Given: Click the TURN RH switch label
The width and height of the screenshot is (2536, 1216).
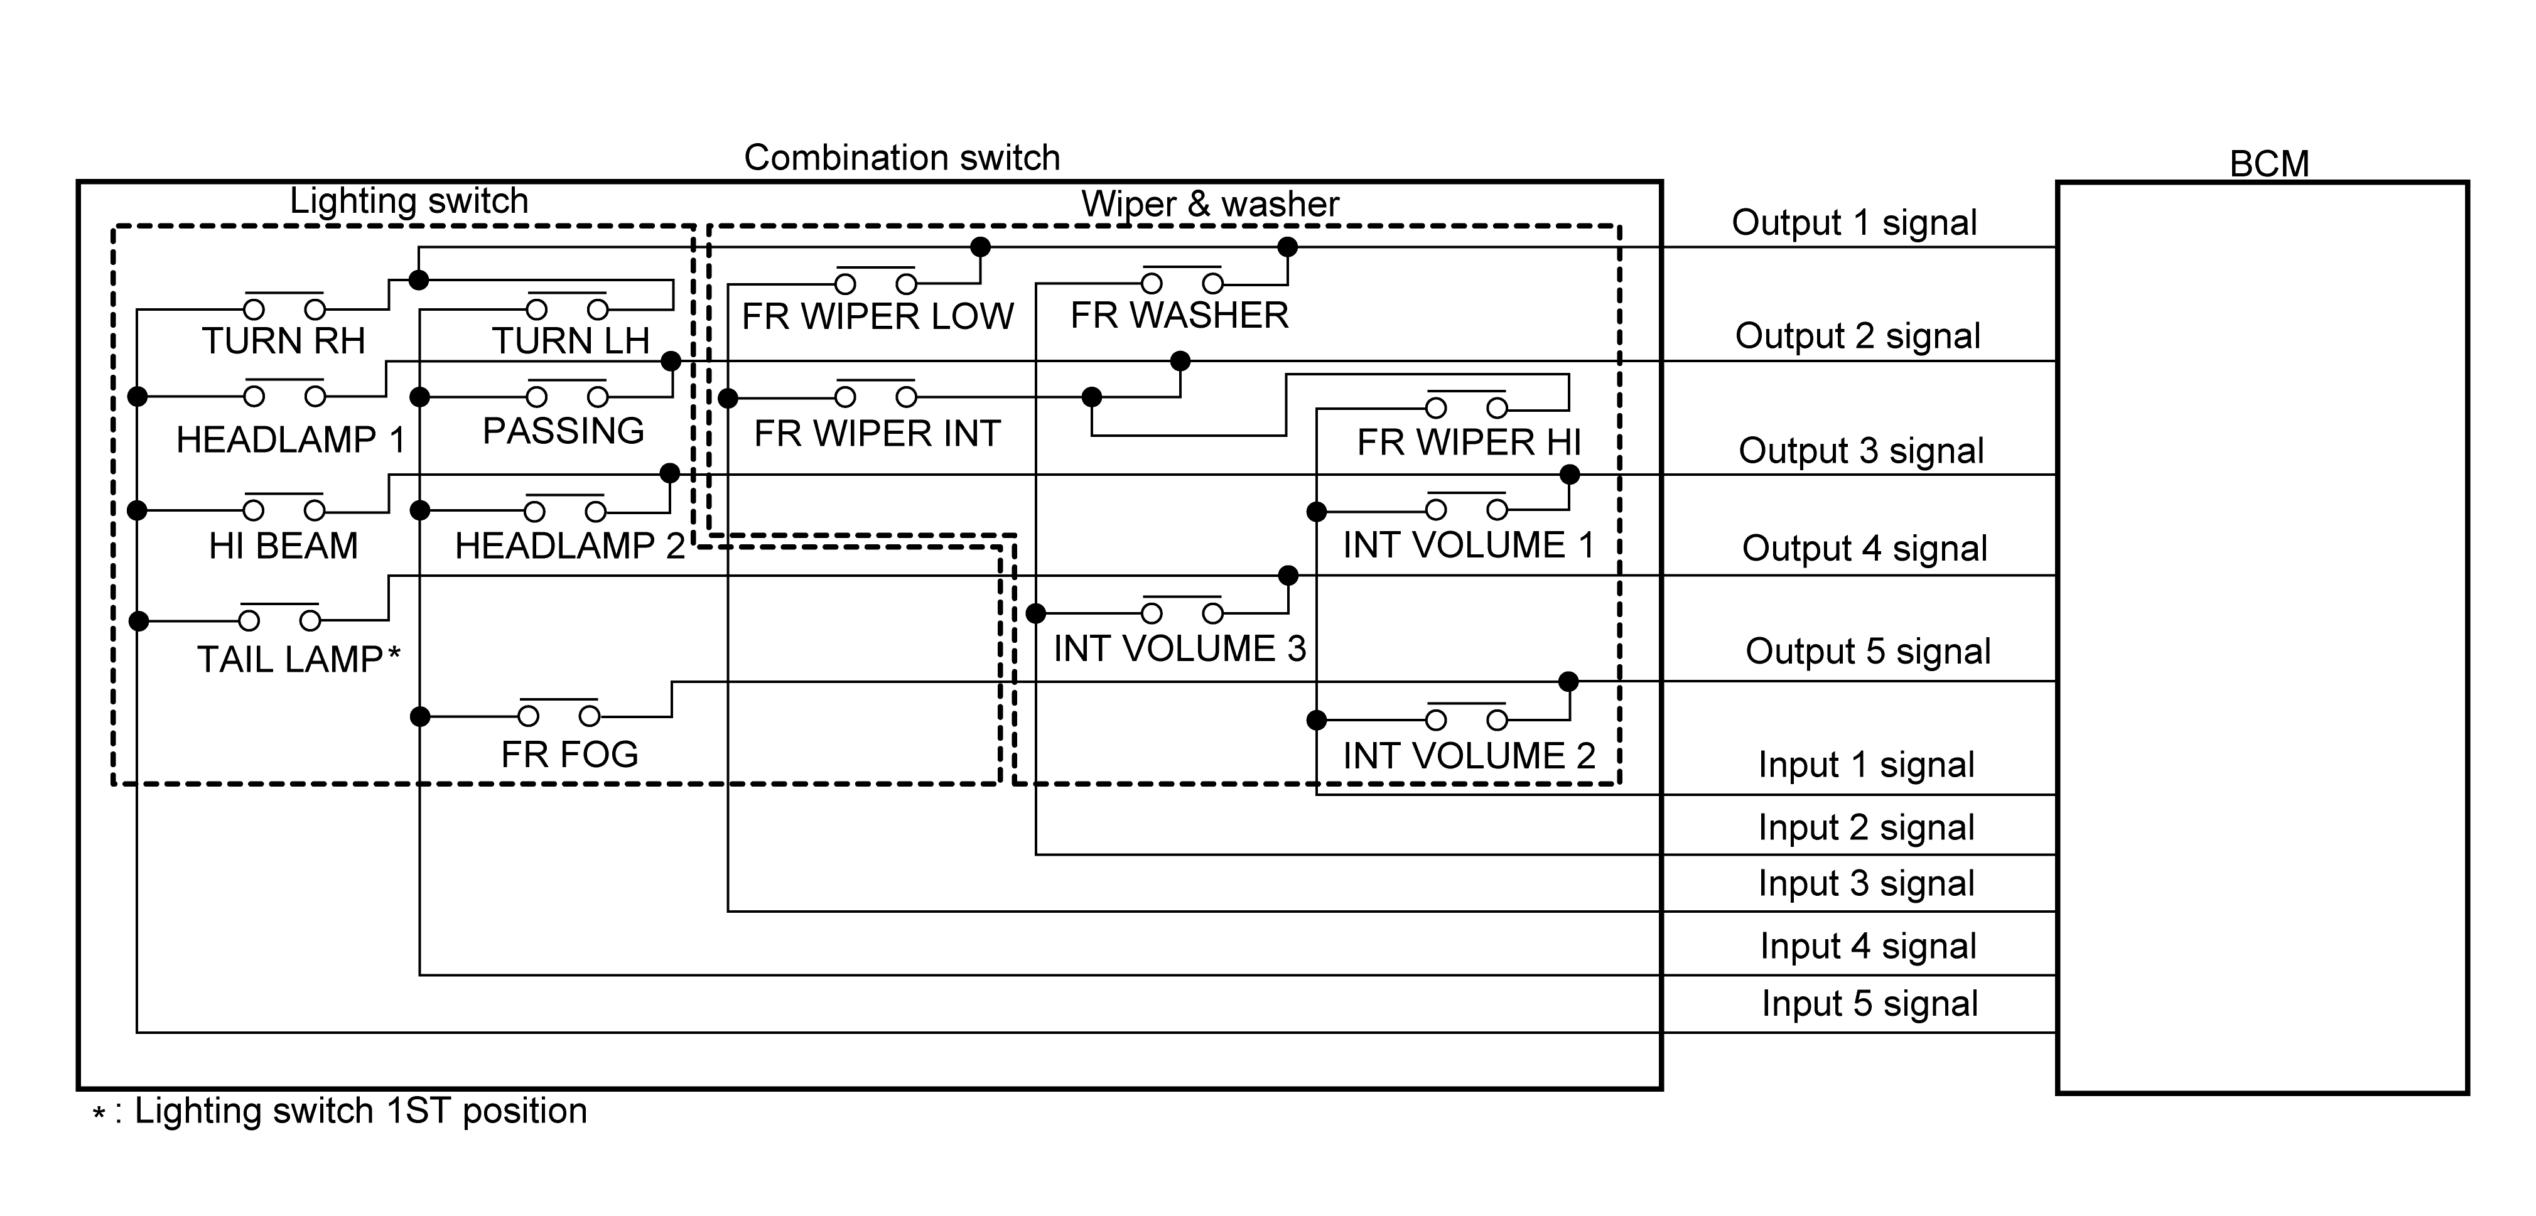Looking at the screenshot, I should point(284,341).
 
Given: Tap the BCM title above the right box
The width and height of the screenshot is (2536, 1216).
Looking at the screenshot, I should point(2269,163).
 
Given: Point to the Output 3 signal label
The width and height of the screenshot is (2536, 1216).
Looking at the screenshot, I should point(1860,451).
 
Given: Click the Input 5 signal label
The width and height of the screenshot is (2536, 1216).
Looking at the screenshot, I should point(1869,1003).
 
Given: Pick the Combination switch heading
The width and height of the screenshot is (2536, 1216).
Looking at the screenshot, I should point(902,158).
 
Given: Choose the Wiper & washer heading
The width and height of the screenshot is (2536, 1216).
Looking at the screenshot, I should point(1210,204).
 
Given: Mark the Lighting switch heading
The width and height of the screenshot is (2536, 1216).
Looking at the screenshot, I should point(409,201).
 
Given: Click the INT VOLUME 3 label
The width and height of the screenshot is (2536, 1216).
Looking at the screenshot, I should point(1179,649).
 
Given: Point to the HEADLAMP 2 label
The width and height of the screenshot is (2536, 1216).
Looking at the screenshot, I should point(569,546).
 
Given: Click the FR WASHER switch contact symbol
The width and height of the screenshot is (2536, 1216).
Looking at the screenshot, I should point(1182,282).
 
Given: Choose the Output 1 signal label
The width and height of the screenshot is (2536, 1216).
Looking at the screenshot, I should point(1853,222).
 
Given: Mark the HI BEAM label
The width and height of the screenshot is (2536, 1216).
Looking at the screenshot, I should point(284,546).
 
